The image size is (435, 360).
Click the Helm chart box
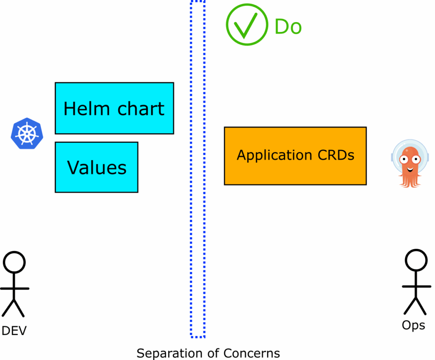tap(114, 108)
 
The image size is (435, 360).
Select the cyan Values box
tap(96, 167)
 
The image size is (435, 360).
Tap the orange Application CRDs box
tap(295, 156)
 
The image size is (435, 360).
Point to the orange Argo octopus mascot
tap(410, 163)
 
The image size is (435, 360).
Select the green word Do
tap(288, 27)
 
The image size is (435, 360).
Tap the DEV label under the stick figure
tap(14, 331)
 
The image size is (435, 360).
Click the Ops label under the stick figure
tap(413, 325)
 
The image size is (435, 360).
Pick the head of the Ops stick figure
tap(416, 260)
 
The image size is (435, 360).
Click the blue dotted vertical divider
tap(198, 170)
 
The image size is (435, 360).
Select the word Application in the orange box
tap(270, 156)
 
